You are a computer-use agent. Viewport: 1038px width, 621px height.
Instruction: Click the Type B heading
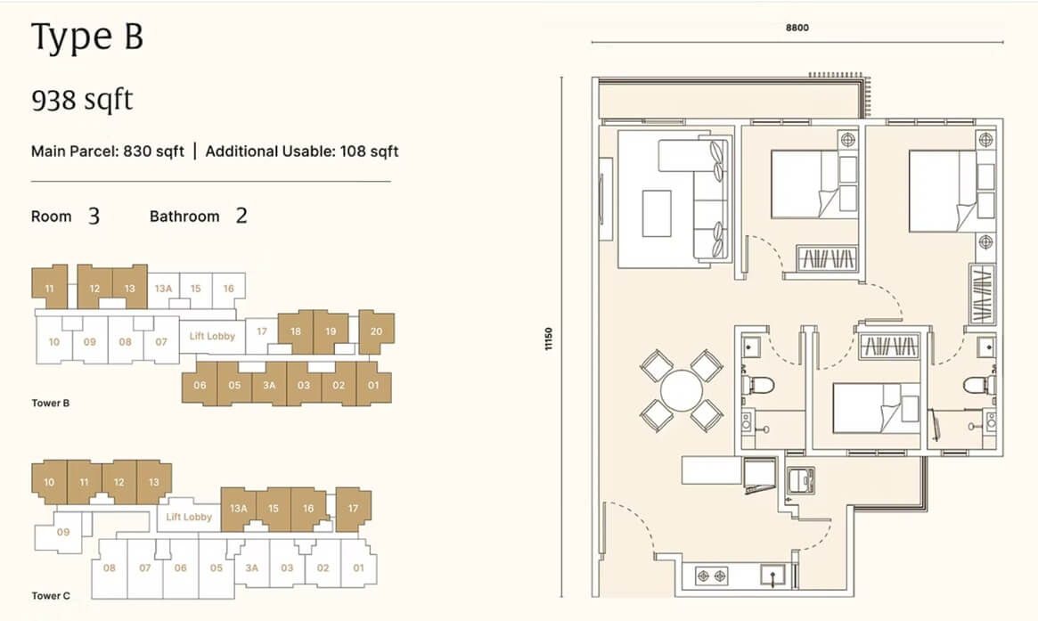tap(86, 37)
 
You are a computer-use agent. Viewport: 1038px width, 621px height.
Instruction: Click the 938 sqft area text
tap(82, 100)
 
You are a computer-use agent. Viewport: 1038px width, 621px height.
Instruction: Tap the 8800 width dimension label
tap(797, 28)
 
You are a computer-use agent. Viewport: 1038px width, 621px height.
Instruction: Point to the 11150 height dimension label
tap(548, 339)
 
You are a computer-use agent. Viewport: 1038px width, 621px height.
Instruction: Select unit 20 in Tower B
tap(376, 331)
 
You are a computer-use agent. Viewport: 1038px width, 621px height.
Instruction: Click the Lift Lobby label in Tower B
tap(212, 336)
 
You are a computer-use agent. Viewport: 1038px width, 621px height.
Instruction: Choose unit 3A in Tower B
tap(269, 385)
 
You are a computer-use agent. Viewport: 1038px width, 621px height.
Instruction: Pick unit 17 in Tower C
tap(353, 509)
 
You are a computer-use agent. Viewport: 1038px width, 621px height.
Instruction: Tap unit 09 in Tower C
tap(63, 532)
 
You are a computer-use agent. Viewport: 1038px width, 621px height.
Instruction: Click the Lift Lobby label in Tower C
tap(189, 517)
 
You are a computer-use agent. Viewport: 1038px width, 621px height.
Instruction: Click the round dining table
tap(682, 391)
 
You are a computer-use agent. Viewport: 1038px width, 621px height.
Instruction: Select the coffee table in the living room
tap(657, 213)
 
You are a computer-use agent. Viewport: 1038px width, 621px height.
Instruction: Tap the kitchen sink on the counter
tap(772, 575)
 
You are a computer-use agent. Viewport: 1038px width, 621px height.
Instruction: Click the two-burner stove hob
tap(712, 576)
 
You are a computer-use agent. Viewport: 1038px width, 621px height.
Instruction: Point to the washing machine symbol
tap(802, 480)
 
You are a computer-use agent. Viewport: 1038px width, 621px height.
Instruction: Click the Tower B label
tap(50, 403)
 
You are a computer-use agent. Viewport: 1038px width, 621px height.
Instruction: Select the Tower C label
tap(50, 595)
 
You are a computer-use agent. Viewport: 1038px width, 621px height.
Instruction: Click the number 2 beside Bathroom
tap(241, 215)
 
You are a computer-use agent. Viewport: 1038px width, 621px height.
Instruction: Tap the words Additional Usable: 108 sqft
tap(302, 151)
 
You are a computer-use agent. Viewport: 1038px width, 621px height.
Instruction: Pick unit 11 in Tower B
tap(50, 287)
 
